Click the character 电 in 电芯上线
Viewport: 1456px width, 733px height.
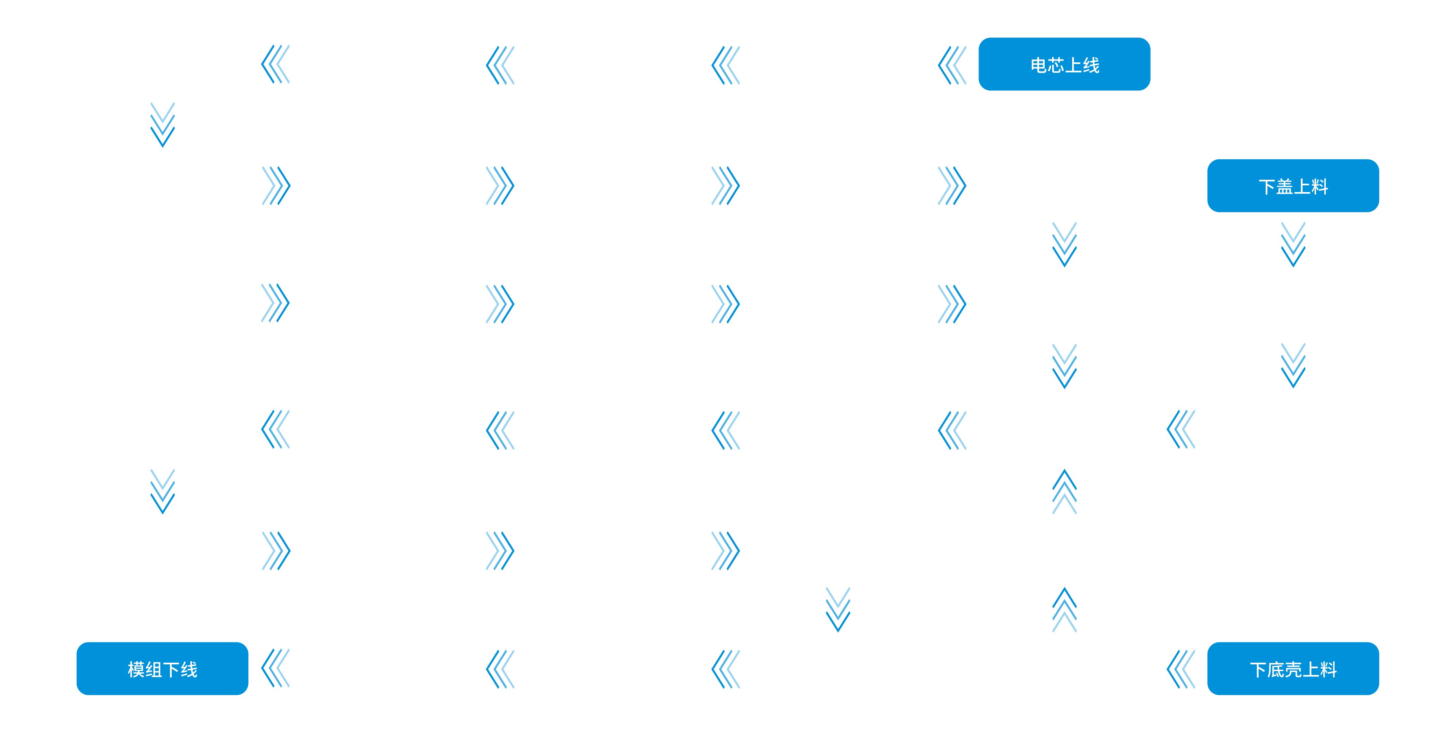coord(1039,65)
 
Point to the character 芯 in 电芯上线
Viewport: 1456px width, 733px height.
coord(1056,65)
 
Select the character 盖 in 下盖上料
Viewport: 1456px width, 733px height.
coord(1285,186)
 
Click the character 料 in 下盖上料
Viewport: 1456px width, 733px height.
coord(1320,186)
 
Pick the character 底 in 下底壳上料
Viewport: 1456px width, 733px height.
coord(1276,670)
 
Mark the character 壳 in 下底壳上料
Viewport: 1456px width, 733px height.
coord(1293,670)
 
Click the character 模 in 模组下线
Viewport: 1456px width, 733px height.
coord(136,670)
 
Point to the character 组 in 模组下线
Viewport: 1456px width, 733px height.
coord(154,670)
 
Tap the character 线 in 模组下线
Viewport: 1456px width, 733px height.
coord(189,670)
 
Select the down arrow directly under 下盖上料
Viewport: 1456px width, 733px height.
coord(1293,244)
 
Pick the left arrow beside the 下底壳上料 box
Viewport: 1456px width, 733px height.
coord(1181,669)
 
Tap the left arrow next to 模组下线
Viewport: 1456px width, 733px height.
coord(275,668)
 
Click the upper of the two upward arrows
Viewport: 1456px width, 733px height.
coord(1064,492)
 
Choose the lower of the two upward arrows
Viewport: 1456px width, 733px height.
coord(1064,610)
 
